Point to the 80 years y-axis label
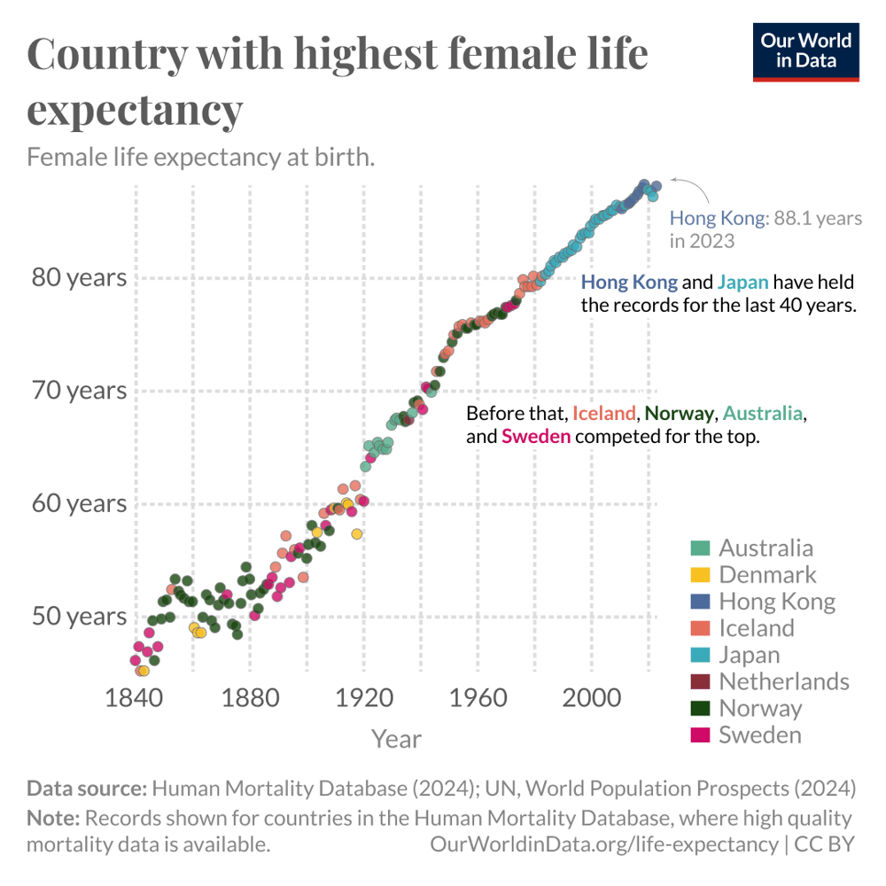[x=79, y=278]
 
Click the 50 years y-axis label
[x=79, y=616]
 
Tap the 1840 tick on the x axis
[x=136, y=696]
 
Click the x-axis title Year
[x=396, y=738]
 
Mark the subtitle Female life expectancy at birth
[x=201, y=158]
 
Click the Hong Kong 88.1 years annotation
[x=765, y=228]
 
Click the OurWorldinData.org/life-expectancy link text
[x=604, y=843]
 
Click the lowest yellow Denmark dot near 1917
[x=357, y=534]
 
